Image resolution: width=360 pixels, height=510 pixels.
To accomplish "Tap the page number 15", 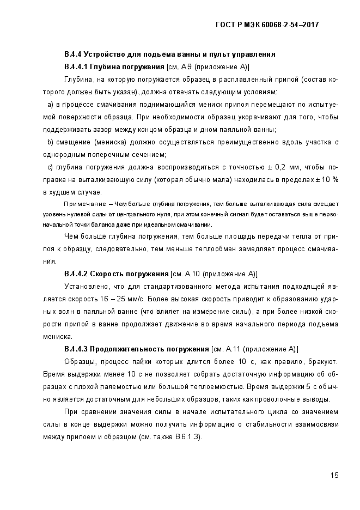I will click(334, 475).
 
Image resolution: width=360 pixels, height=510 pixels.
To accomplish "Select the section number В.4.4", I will click(73, 54).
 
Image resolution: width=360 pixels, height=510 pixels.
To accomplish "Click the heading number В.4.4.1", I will click(76, 66).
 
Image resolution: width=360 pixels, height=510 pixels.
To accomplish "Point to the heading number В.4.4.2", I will click(76, 273).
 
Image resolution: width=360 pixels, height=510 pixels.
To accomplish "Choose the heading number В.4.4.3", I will click(76, 349).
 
